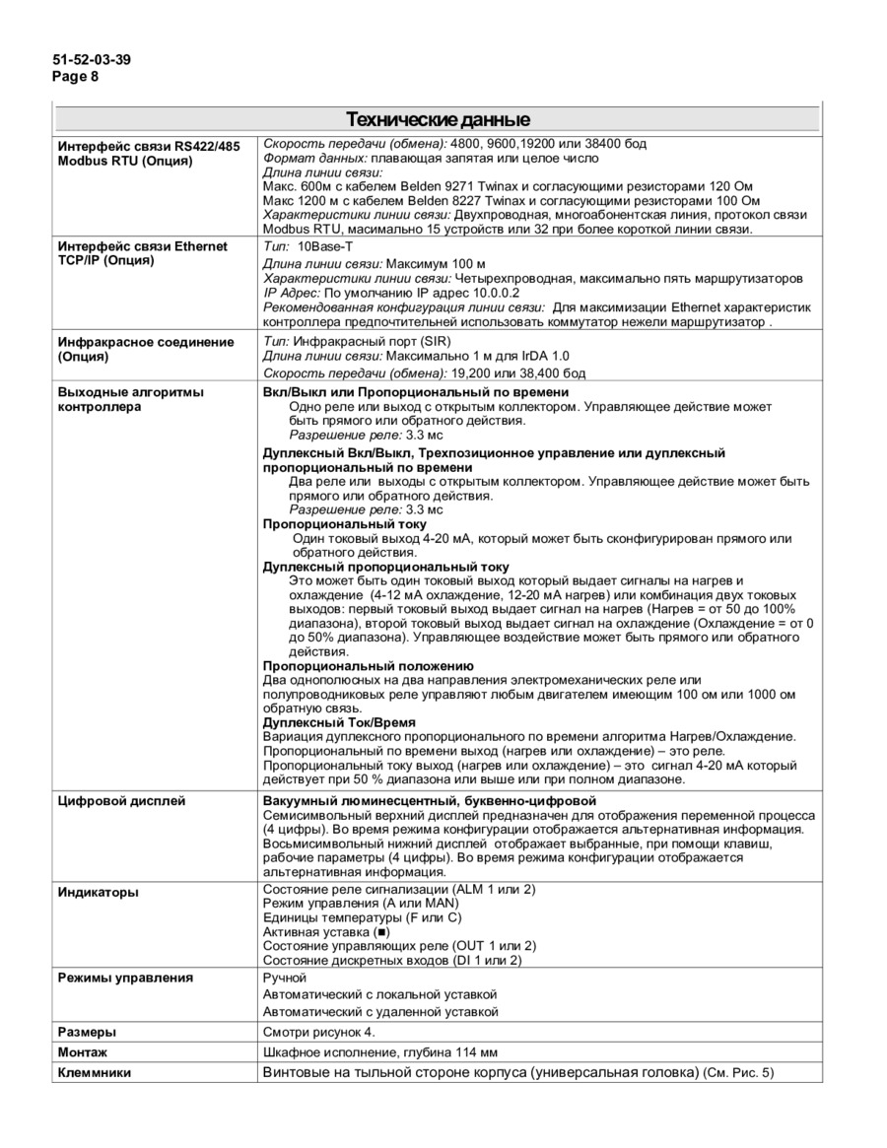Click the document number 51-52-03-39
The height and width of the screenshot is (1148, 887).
92,59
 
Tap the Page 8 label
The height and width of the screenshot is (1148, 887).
76,76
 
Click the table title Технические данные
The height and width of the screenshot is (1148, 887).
438,120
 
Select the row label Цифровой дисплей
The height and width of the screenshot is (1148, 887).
121,801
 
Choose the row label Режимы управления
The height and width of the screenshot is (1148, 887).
125,978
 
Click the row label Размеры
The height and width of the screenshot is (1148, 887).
87,1032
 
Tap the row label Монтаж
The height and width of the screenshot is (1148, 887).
83,1052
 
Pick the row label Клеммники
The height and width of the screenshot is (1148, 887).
95,1072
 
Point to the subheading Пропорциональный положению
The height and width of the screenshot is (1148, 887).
368,666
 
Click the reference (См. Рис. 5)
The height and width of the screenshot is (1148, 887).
739,1072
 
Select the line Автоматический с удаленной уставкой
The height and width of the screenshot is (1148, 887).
380,1011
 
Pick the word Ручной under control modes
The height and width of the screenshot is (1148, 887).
285,978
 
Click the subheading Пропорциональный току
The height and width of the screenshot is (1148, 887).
330,524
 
